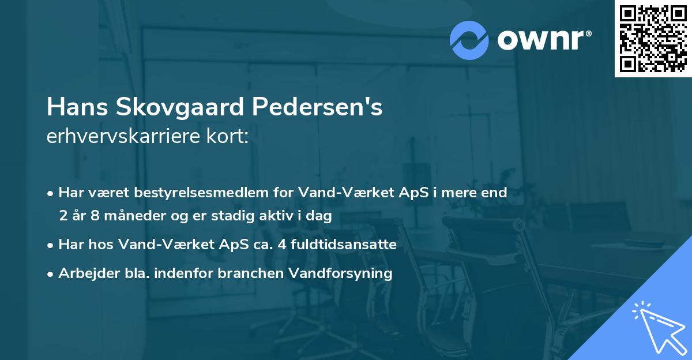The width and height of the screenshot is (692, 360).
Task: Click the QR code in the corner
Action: coord(653,39)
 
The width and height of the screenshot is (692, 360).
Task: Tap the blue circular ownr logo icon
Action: coord(469,39)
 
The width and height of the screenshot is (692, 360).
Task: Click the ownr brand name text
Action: coord(544,39)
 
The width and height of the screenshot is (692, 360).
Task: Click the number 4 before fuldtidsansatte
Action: coord(281,245)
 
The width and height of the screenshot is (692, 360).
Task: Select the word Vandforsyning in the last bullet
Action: coord(347,273)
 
